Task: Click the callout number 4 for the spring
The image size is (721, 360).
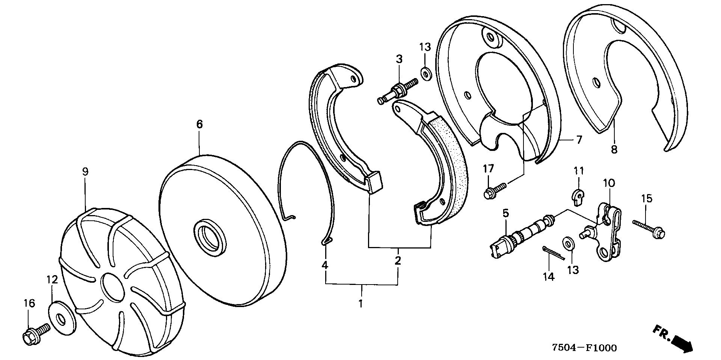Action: tap(325, 265)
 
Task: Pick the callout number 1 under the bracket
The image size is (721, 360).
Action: tap(360, 303)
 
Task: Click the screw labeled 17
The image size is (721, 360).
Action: tap(494, 189)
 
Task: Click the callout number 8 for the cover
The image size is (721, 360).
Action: tap(614, 149)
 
